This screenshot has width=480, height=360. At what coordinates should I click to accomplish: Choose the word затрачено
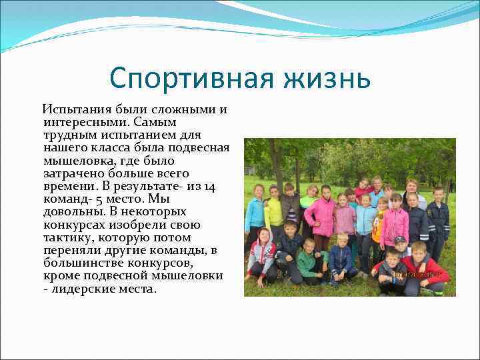(69, 173)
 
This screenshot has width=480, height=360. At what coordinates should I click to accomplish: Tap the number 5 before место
(97, 199)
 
